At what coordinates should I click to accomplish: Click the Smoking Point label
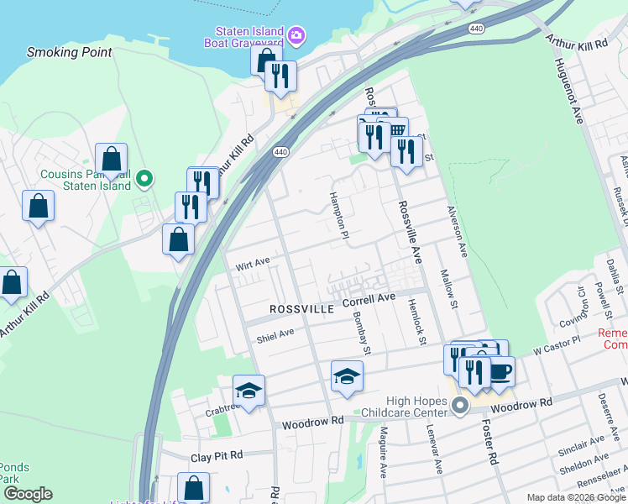click(70, 52)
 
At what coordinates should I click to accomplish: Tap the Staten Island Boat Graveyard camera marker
click(296, 35)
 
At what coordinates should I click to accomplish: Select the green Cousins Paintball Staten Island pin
click(144, 179)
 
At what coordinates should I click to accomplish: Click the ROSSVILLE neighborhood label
click(302, 309)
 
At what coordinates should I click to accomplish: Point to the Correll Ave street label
click(368, 299)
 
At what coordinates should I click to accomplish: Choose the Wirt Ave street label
click(253, 264)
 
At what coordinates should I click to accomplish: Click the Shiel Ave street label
click(275, 334)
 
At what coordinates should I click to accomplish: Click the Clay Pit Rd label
click(216, 455)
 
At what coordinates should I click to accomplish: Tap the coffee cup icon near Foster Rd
click(500, 370)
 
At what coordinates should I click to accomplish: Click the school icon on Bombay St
click(347, 377)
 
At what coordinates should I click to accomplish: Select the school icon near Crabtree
click(249, 390)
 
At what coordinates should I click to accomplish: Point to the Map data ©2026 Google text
click(575, 497)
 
